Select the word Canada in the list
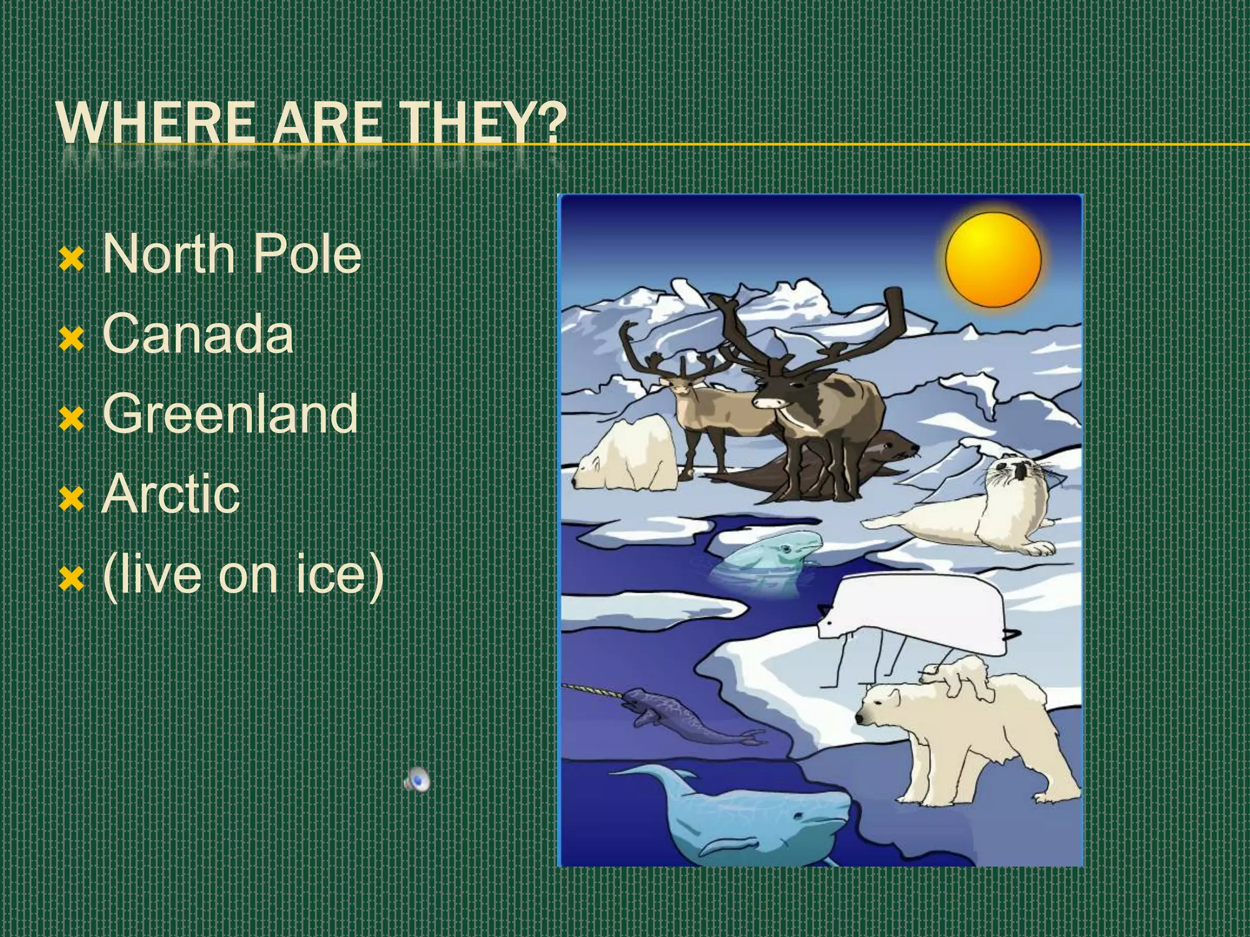pyautogui.click(x=198, y=333)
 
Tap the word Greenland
pyautogui.click(x=230, y=414)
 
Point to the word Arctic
pyautogui.click(x=171, y=494)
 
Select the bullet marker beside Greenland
pyautogui.click(x=71, y=420)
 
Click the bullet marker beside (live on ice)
pyautogui.click(x=71, y=580)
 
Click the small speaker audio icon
pyautogui.click(x=417, y=780)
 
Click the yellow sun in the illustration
pyautogui.click(x=993, y=259)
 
